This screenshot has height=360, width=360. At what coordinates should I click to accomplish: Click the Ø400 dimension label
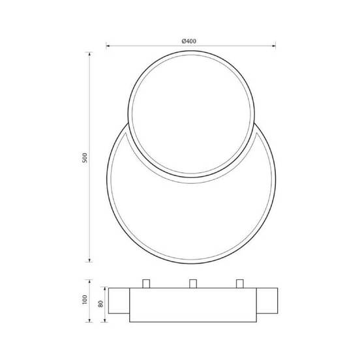189,40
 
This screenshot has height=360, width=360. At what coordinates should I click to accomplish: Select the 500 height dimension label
85,158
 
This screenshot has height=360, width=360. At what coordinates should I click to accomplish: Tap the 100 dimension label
85,301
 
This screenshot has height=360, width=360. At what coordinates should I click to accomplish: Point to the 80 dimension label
100,303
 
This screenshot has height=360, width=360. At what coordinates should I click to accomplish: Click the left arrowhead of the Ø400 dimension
108,46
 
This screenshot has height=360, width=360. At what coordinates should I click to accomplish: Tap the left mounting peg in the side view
145,284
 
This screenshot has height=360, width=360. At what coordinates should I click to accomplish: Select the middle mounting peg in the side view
192,284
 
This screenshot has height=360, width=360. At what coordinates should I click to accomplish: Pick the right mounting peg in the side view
239,284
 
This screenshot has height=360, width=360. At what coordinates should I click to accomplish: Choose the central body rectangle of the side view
192,305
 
